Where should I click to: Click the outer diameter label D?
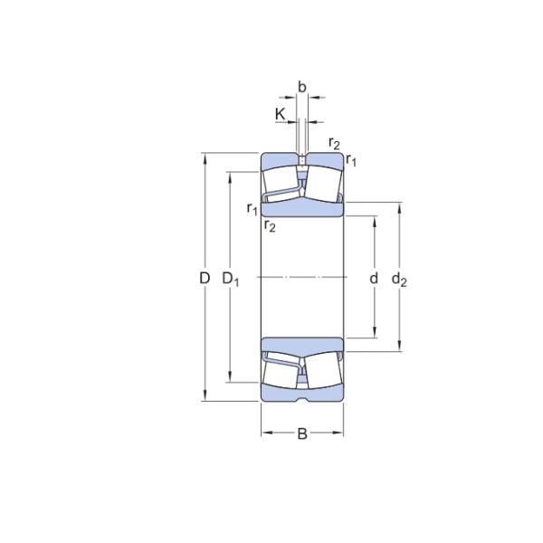(x=205, y=279)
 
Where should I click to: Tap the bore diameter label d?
(x=373, y=279)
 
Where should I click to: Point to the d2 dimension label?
(x=399, y=281)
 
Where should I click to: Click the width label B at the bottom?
(x=302, y=433)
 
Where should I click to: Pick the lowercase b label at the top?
(x=302, y=88)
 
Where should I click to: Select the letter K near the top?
(x=280, y=114)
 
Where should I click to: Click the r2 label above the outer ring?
(x=334, y=143)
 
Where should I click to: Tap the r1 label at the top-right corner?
(x=351, y=160)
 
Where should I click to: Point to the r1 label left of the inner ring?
(x=252, y=208)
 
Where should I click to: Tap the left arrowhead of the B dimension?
(x=265, y=433)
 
